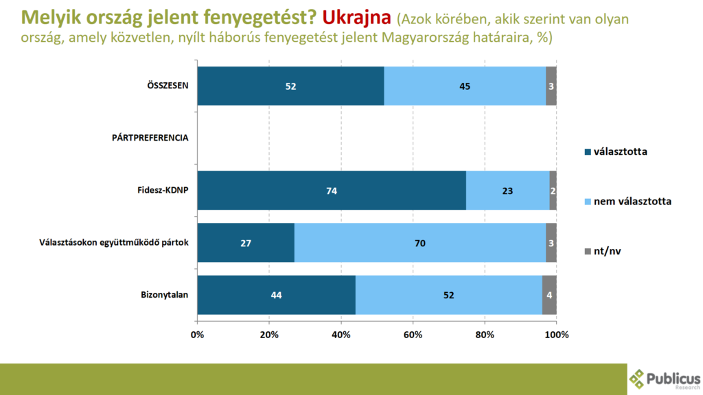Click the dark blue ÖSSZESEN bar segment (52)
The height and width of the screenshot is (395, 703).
(290, 86)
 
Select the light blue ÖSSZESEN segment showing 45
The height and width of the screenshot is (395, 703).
(465, 86)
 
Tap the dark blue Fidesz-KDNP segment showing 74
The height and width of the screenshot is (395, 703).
(332, 191)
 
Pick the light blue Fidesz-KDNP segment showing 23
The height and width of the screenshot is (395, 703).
(507, 191)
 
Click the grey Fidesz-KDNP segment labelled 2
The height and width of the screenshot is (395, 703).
(553, 191)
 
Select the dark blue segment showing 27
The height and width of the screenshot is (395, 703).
(246, 243)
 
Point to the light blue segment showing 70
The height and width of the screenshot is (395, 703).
(420, 243)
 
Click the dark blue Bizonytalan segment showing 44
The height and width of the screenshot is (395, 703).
(276, 295)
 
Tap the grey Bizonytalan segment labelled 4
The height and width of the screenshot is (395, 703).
(549, 295)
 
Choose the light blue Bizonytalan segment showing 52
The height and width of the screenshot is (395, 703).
(448, 295)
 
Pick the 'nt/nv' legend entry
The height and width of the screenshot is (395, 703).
(608, 252)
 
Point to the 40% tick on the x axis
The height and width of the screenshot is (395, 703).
(341, 335)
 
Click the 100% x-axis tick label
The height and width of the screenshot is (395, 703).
(556, 335)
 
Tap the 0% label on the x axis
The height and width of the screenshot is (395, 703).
(197, 335)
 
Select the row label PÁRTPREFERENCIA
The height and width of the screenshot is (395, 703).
(150, 138)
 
